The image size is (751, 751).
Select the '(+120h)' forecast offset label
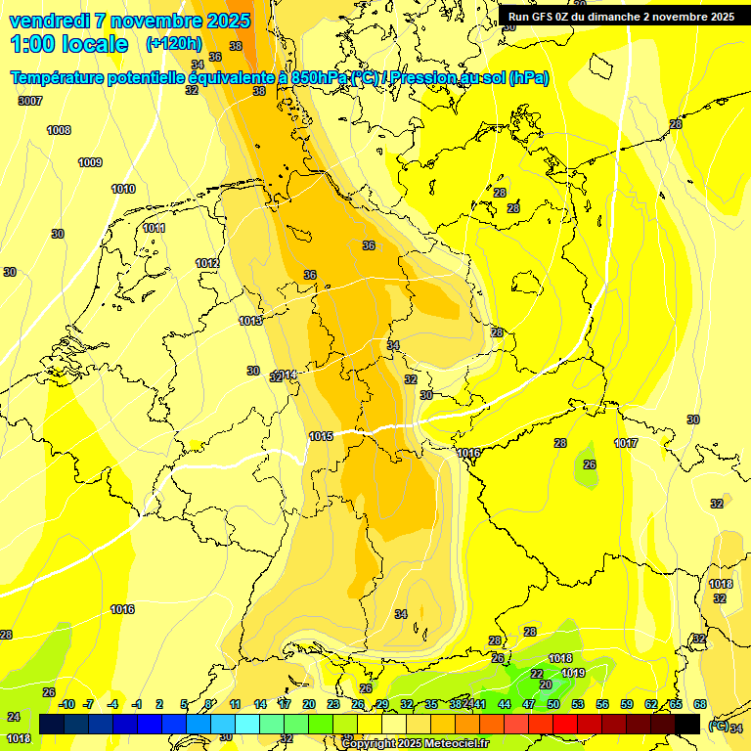coord(173,44)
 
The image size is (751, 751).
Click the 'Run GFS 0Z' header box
coord(621,17)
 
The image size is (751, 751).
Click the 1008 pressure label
coord(59,130)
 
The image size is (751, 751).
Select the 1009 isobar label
coord(90,162)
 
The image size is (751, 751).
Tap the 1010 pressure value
coord(123,189)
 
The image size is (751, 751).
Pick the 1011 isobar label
coord(154,228)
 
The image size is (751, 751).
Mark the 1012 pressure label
coord(206,263)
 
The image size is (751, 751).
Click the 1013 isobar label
coord(250,321)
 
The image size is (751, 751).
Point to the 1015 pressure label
coord(321,436)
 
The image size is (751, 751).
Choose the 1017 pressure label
coord(626,443)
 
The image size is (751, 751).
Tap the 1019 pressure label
coord(573,673)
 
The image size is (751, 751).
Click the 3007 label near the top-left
coord(30,101)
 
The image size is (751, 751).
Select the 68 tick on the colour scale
coord(700,704)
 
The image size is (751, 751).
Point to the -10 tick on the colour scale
coord(66,704)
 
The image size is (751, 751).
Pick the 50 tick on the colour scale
coord(552,704)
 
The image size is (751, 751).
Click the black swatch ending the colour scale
coord(687,723)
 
